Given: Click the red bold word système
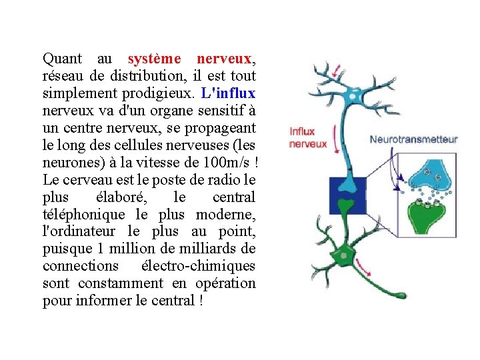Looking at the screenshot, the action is (155, 59).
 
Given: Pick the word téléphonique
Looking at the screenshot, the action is (83, 215).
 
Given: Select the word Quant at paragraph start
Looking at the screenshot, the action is (61, 59).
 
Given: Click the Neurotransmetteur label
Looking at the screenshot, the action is (413, 139).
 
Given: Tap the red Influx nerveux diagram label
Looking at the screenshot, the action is (307, 137).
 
